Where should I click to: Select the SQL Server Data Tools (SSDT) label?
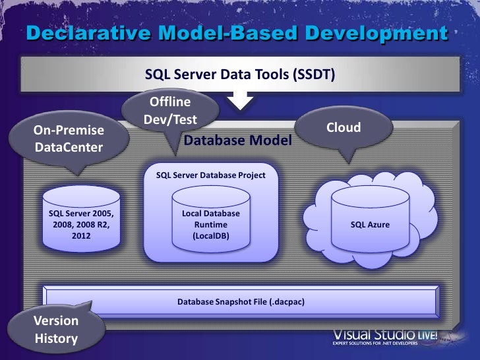(240, 75)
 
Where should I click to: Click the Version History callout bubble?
(56, 330)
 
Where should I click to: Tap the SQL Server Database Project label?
(210, 176)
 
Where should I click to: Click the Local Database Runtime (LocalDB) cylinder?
(210, 221)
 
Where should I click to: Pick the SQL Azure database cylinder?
(369, 218)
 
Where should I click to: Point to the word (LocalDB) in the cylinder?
(210, 235)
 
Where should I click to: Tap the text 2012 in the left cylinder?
(82, 235)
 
